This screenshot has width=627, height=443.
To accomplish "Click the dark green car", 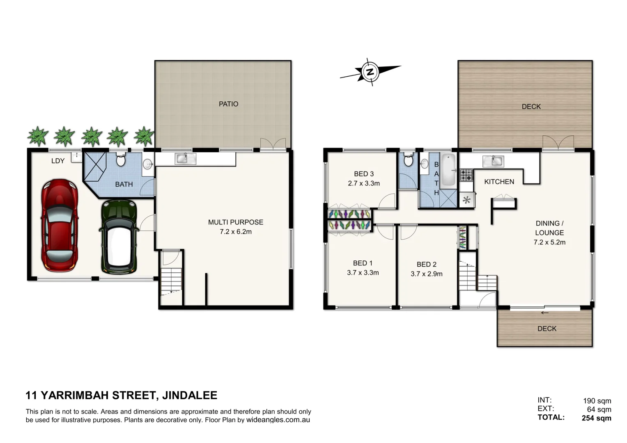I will [x=119, y=237].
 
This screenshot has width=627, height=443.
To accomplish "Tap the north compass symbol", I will [x=370, y=72].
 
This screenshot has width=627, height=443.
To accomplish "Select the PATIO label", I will [x=228, y=104].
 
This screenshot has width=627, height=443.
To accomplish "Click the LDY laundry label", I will [x=58, y=161].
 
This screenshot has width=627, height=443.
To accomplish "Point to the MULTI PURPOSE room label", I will [x=236, y=222].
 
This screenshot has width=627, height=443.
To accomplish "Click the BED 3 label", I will [x=364, y=174].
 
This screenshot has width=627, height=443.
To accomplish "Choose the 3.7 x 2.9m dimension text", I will [x=427, y=274].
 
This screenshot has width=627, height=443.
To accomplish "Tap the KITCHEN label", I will [x=499, y=182].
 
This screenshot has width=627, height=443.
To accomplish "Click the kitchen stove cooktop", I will [x=466, y=175].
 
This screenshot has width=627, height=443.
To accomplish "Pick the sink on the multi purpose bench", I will [x=185, y=158].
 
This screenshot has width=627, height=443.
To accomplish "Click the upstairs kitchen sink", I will [x=493, y=161].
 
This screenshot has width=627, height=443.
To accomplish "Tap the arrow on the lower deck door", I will [x=545, y=313].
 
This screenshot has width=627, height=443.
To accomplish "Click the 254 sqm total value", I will [x=596, y=418].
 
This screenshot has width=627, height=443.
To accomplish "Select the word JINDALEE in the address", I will [x=190, y=395].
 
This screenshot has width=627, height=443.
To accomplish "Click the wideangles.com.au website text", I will [x=278, y=420].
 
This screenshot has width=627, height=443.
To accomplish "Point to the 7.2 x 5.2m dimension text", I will [x=549, y=242].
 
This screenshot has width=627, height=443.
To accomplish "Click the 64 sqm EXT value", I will [x=599, y=409].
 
